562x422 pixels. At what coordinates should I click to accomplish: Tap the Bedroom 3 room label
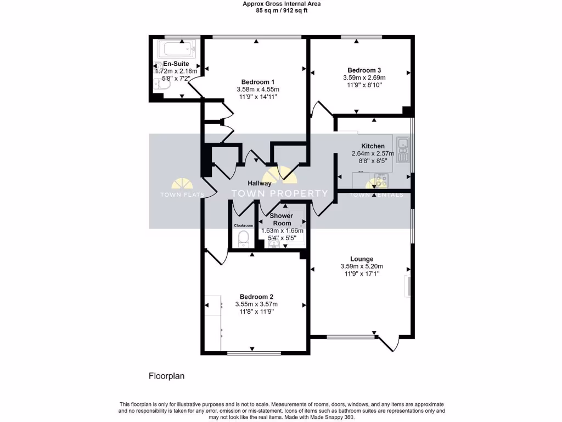(x=364, y=70)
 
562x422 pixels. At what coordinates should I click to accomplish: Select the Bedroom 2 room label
(x=256, y=297)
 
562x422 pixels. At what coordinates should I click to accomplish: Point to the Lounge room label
(x=362, y=259)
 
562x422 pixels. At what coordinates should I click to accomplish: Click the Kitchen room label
(x=373, y=146)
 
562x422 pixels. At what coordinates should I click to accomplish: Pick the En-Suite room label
(x=172, y=64)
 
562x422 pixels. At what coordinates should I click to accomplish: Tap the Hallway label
(x=259, y=184)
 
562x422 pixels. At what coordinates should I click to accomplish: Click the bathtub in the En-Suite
(x=176, y=49)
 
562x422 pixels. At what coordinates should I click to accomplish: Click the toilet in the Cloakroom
(x=243, y=237)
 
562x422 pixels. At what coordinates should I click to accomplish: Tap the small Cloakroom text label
(x=243, y=225)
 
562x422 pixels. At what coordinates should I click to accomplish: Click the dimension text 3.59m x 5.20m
(x=362, y=267)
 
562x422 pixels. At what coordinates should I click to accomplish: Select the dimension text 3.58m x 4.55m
(x=258, y=90)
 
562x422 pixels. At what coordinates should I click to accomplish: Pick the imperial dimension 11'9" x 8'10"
(x=364, y=85)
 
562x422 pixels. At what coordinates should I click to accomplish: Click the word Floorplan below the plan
(x=167, y=376)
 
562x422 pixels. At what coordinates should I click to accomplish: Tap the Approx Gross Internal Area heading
(x=282, y=3)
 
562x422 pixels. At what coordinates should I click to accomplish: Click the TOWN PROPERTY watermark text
(x=280, y=193)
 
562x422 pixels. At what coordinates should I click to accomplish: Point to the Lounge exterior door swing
(x=389, y=342)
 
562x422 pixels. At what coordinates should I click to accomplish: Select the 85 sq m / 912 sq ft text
(x=282, y=10)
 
